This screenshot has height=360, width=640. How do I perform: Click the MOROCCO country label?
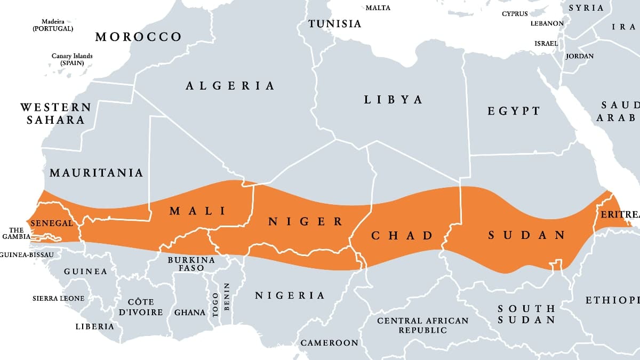coord(138,37)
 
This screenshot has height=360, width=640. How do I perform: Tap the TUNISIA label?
coord(335,24)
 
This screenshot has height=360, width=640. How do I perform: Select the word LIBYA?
coord(393,100)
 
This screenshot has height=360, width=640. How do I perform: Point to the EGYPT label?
coord(514,111)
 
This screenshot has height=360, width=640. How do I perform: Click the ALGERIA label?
coord(230,85)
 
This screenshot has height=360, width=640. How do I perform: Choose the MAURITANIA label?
coord(96,173)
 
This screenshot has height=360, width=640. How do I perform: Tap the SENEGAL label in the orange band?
coord(52,223)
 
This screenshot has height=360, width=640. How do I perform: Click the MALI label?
coord(197,211)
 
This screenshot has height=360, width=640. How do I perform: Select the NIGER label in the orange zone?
coord(305,222)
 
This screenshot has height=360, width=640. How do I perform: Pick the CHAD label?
coord(402,235)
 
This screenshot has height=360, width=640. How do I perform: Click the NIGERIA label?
coord(290,295)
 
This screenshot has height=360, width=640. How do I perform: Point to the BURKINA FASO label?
coord(191,264)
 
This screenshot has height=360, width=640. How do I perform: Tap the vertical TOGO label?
coord(215,305)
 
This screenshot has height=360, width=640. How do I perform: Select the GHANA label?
coord(190,313)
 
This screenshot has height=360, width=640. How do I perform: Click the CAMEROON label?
coord(329,343)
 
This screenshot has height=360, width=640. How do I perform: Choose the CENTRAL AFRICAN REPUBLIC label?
coord(422,325)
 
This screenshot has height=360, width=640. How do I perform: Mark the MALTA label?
coord(378,8)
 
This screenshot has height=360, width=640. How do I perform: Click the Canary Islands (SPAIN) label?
coord(72,59)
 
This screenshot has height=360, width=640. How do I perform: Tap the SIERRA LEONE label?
coord(58,298)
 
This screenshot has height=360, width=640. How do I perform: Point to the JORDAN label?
coord(579,56)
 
